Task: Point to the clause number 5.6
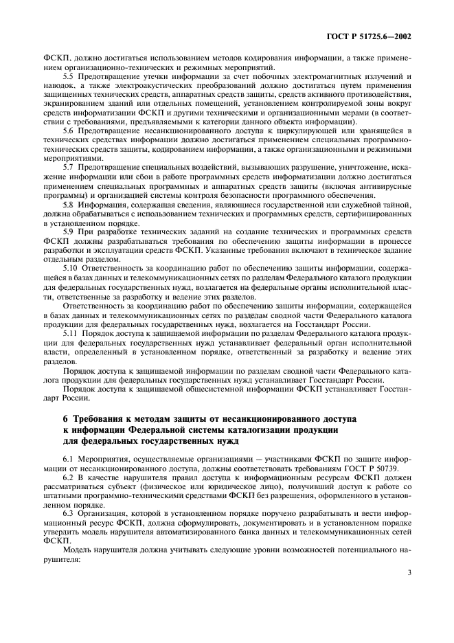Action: tap(69, 130)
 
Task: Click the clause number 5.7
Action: tap(69, 166)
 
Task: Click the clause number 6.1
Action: tap(69, 457)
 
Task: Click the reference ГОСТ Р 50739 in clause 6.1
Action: tap(351, 466)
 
